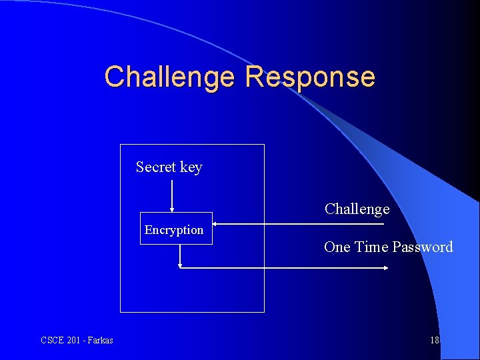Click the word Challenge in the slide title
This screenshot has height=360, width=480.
tap(169, 77)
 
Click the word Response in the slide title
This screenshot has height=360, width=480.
tap(310, 77)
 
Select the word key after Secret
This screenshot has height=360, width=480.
tap(191, 167)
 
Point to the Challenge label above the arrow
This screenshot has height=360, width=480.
tap(357, 209)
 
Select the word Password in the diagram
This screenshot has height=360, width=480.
tap(422, 247)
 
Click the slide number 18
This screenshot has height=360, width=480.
tap(435, 340)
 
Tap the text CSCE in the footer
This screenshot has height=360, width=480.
tap(53, 340)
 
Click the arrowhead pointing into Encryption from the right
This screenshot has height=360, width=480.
tap(216, 224)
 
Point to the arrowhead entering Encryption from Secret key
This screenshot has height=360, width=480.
tap(172, 209)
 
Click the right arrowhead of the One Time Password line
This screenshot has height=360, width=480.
tap(386, 268)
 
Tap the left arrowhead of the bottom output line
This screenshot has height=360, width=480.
tap(181, 265)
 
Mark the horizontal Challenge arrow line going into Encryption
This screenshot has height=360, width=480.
tap(300, 224)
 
